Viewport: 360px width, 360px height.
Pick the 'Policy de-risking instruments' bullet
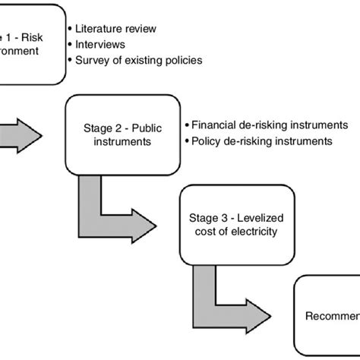coord(264,141)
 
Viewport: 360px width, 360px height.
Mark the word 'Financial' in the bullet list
coord(216,125)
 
